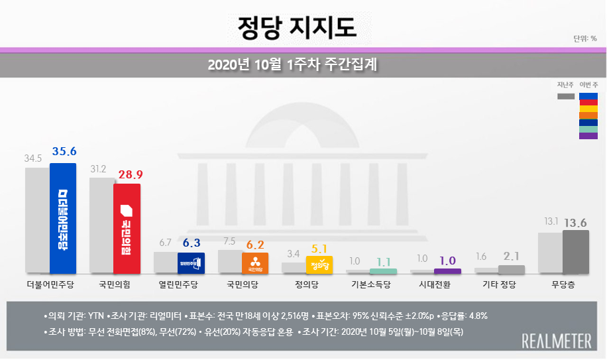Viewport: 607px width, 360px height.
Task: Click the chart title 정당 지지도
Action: click(x=297, y=27)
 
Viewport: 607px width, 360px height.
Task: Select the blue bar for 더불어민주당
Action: click(x=63, y=219)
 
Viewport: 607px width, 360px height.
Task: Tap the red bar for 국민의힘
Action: click(x=127, y=228)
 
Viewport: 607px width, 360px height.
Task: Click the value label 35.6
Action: click(x=64, y=152)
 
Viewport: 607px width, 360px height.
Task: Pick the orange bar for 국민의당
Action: click(x=255, y=263)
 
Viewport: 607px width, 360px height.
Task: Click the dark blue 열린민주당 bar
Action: click(x=191, y=263)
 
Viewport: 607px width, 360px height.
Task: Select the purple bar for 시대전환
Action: click(x=447, y=271)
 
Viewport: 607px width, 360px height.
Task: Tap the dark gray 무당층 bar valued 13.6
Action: click(x=575, y=251)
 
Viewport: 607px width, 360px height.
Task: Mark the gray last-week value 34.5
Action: click(x=33, y=159)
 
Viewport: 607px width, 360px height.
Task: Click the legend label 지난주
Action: click(x=565, y=85)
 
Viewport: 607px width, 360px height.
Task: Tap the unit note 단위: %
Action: click(x=585, y=38)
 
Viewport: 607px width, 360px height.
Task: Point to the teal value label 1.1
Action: click(x=384, y=262)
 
